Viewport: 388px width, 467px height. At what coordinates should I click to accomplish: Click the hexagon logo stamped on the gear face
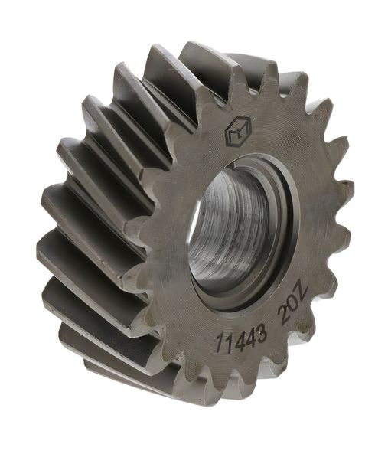[x=238, y=132]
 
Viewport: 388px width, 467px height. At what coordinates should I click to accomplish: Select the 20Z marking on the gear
[x=292, y=305]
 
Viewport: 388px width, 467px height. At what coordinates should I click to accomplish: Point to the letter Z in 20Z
[x=300, y=294]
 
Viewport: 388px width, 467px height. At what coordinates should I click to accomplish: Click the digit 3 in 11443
[x=260, y=332]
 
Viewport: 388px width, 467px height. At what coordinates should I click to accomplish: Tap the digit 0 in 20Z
[x=292, y=305]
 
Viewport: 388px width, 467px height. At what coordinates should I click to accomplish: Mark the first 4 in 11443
[x=238, y=338]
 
